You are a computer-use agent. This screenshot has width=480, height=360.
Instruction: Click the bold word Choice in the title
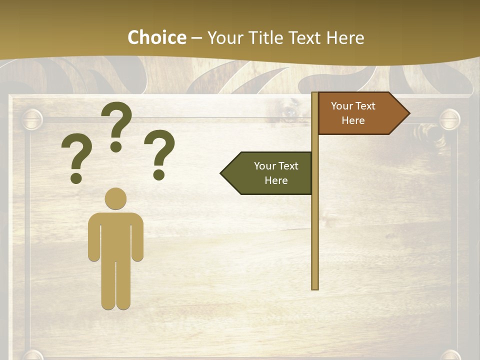click(156, 37)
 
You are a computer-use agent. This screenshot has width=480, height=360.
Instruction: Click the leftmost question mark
click(76, 155)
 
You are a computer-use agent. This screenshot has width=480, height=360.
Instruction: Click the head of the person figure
click(115, 198)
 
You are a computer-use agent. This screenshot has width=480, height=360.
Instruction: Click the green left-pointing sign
click(270, 173)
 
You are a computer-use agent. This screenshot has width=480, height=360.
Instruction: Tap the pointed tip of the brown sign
click(407, 113)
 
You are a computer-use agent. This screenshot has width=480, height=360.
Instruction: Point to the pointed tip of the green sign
click(223, 173)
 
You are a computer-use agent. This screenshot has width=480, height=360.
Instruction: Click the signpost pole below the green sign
click(315, 240)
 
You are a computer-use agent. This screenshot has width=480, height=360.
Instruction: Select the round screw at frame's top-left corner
click(32, 119)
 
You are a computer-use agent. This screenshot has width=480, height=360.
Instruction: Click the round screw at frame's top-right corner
click(449, 119)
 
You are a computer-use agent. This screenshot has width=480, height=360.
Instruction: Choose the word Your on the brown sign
click(342, 106)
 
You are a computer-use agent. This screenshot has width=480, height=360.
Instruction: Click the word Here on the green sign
click(276, 180)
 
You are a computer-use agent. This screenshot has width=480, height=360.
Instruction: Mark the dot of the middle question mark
click(116, 146)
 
